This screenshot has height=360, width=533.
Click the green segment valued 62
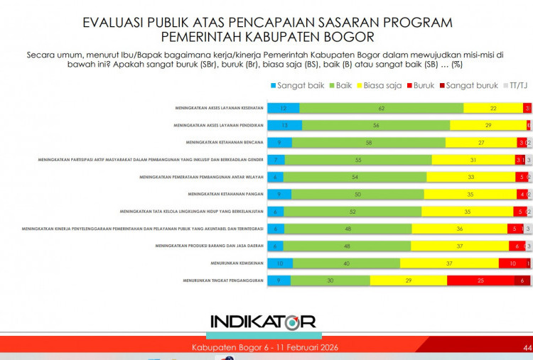click(x=381, y=108)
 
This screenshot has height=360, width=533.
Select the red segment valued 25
click(x=480, y=280)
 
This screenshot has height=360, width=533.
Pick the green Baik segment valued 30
click(x=330, y=280)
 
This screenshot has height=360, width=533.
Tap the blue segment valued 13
click(x=286, y=125)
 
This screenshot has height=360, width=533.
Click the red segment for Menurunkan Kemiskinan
click(x=512, y=263)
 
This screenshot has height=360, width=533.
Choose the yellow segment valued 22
click(x=493, y=108)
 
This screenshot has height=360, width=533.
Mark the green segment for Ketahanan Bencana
click(x=368, y=142)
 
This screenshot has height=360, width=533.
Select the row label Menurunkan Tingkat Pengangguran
click(x=221, y=280)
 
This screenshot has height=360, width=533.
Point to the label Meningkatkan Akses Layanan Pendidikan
click(x=219, y=125)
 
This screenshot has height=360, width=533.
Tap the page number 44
click(x=527, y=348)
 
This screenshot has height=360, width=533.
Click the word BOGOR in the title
click(x=352, y=36)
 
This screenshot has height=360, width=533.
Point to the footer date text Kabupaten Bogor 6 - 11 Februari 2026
click(x=265, y=348)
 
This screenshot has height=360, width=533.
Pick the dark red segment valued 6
click(x=524, y=280)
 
